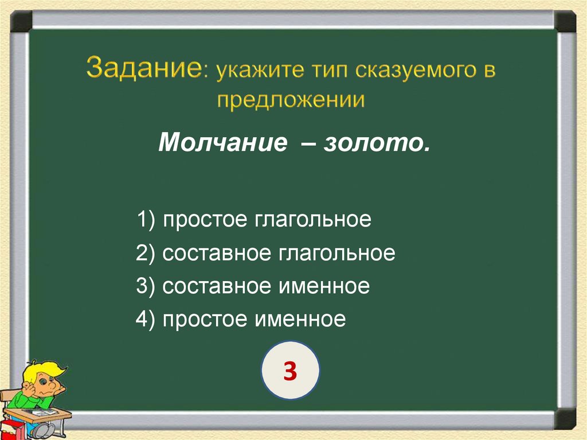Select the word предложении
pyautogui.click(x=291, y=100)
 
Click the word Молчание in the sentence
pyautogui.click(x=222, y=142)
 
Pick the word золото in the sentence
pyautogui.click(x=375, y=142)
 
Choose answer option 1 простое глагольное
pyautogui.click(x=253, y=220)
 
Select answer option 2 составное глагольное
pyautogui.click(x=265, y=253)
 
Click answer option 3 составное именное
pyautogui.click(x=253, y=286)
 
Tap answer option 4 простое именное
pyautogui.click(x=241, y=319)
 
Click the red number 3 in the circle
pyautogui.click(x=290, y=372)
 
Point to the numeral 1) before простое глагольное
pyautogui.click(x=145, y=220)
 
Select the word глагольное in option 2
pyautogui.click(x=337, y=253)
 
